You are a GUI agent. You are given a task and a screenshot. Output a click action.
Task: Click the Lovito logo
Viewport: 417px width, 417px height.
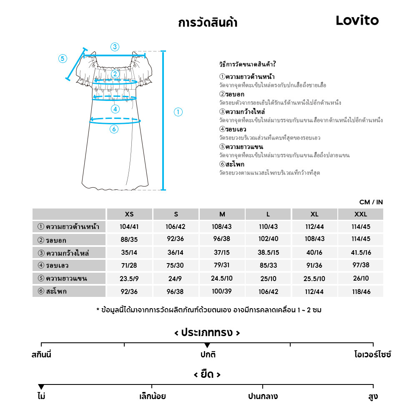(357, 20)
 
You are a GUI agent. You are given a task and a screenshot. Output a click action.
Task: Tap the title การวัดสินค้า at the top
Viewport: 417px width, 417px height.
(208, 23)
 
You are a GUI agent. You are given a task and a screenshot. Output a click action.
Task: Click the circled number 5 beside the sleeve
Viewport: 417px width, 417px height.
(63, 58)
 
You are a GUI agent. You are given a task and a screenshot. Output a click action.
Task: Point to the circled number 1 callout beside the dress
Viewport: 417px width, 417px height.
(178, 112)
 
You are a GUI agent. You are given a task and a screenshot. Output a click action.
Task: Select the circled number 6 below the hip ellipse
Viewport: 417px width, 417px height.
(114, 129)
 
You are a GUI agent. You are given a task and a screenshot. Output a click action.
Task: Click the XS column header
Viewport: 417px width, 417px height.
(129, 214)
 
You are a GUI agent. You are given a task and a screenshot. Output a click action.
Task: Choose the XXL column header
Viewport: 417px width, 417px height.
(360, 214)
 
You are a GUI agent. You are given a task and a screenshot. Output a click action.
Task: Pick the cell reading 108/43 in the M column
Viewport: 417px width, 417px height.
(222, 227)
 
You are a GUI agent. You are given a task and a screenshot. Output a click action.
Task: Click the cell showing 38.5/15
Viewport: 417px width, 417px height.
(268, 253)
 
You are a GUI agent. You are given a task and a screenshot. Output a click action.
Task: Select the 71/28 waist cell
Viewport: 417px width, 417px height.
(129, 266)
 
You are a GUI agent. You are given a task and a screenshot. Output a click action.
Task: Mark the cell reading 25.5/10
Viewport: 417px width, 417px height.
(314, 279)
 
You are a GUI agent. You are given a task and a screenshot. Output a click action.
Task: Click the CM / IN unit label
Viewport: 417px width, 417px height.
(371, 202)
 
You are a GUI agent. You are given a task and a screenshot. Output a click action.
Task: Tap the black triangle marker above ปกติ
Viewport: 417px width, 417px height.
(207, 345)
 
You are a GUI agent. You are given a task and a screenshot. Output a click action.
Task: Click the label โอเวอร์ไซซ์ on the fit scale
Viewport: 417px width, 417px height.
(373, 355)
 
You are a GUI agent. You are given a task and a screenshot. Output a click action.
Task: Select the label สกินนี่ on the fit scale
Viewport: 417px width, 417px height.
(41, 355)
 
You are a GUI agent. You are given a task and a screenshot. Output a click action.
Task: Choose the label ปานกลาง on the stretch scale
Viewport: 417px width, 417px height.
(263, 396)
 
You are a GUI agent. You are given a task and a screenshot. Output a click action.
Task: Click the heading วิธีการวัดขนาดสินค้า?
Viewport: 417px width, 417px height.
(247, 64)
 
